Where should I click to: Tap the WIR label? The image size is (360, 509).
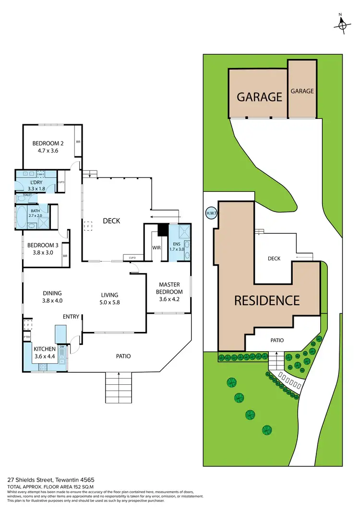[x=156, y=248]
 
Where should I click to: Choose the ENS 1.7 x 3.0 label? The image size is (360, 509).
[x=177, y=247]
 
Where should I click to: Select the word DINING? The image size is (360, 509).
[x=52, y=293]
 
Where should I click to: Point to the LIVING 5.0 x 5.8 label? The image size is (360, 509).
[x=109, y=298]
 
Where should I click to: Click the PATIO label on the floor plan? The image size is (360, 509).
[x=124, y=356]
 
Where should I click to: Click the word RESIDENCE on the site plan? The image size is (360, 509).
[x=267, y=300]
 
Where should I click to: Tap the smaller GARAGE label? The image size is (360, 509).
[x=302, y=91]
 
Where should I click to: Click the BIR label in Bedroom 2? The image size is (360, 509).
[x=78, y=142]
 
